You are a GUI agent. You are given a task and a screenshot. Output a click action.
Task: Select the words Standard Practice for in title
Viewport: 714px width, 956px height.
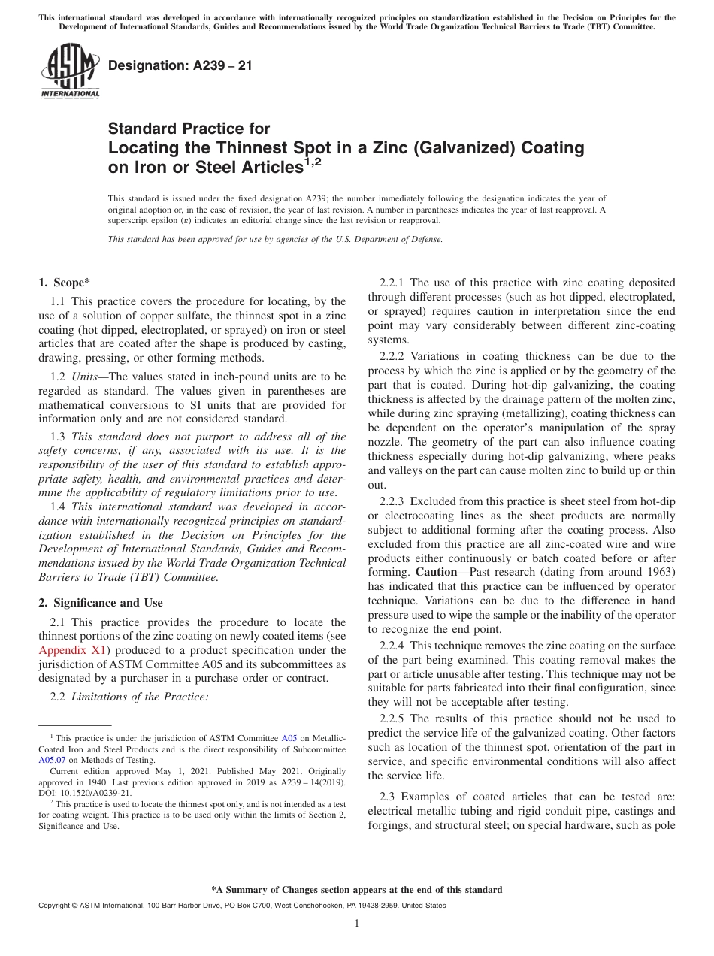(189, 129)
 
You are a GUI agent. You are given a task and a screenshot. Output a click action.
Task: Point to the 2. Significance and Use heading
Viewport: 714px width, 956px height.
(100, 603)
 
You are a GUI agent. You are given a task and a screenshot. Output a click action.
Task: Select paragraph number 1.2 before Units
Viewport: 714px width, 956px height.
(58, 376)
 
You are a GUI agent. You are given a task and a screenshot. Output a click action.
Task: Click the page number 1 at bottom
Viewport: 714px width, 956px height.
(357, 924)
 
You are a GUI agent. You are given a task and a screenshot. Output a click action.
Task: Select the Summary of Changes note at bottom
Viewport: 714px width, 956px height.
(357, 890)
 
